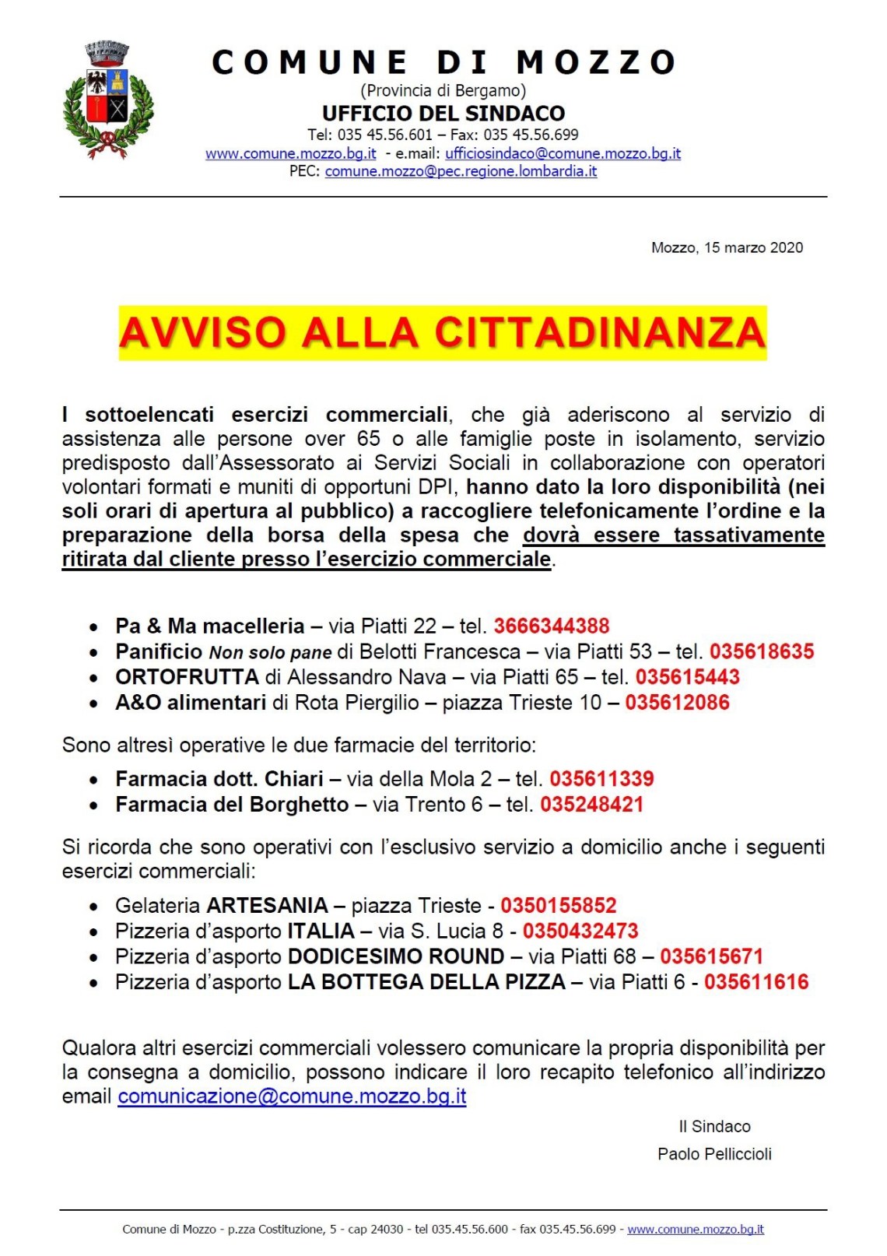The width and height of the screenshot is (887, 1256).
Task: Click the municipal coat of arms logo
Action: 108,100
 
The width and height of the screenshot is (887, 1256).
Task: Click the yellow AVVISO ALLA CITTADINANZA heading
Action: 442,333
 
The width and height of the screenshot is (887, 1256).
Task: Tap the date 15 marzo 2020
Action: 753,247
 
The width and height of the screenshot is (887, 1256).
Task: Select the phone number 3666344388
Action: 552,626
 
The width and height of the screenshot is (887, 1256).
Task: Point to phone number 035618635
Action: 762,651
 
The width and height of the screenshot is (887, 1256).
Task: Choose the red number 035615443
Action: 688,677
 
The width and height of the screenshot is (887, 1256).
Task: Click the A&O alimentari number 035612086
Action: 678,703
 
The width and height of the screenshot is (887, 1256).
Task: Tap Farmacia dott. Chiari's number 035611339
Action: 602,779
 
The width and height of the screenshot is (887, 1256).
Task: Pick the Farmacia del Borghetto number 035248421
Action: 592,805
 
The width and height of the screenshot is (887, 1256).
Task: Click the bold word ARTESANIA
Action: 267,906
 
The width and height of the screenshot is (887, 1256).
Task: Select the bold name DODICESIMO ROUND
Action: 396,956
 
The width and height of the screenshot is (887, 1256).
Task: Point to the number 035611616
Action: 756,982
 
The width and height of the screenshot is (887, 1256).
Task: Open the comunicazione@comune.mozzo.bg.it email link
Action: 292,1096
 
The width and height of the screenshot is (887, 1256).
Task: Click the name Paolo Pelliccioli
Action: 714,1154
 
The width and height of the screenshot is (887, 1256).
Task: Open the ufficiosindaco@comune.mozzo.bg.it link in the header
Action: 563,153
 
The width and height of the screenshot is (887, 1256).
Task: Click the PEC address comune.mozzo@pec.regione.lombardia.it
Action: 461,171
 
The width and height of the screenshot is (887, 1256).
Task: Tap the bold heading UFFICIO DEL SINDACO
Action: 443,114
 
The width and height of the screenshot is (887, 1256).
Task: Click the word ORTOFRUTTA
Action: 187,677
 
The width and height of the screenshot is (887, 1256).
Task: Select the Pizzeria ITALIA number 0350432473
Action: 580,931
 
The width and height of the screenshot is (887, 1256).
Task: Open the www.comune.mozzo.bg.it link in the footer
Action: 696,1230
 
